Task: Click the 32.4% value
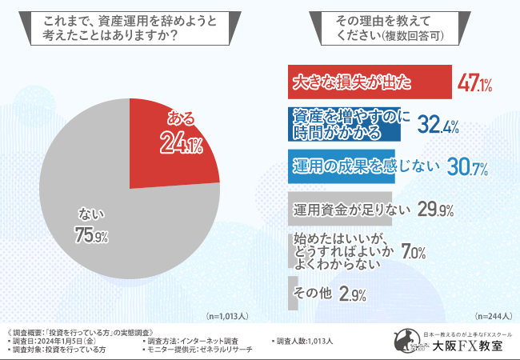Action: pos(438,124)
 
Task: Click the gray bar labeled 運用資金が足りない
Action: pos(340,209)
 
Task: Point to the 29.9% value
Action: pos(436,210)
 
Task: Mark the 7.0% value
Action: pos(412,251)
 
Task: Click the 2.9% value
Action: pos(353,294)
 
